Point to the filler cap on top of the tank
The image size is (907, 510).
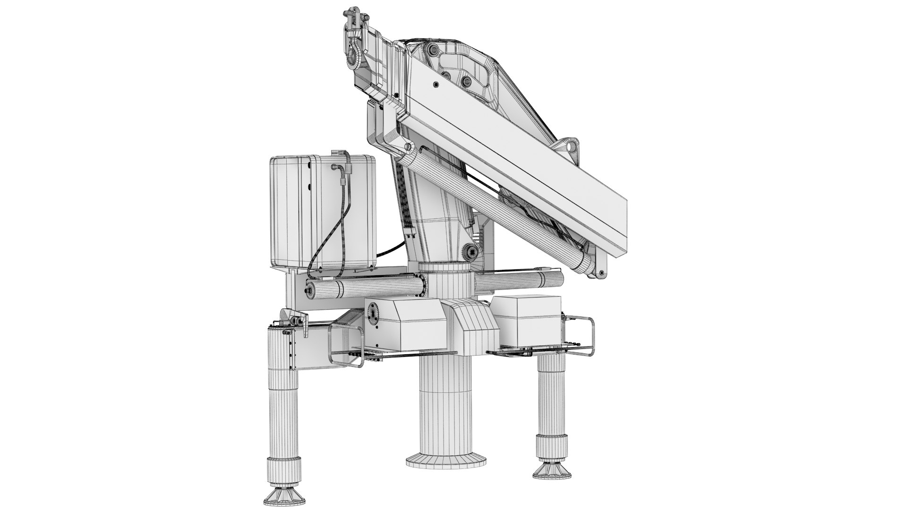click(337, 153)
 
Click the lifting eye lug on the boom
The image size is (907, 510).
click(571, 146)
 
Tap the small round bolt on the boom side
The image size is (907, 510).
click(435, 85)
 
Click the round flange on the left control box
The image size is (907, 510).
click(373, 314)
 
